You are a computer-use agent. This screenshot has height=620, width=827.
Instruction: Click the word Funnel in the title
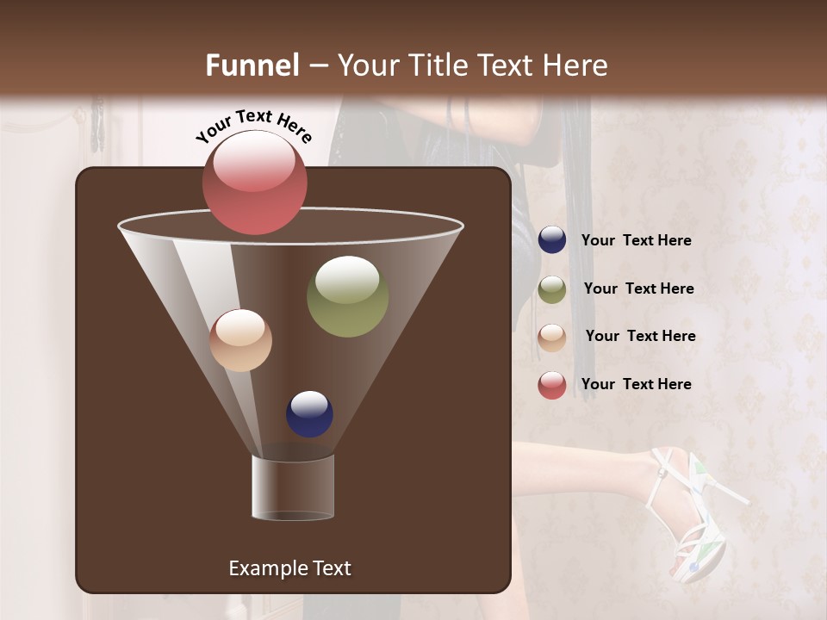(252, 65)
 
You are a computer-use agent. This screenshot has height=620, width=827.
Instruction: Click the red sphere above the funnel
(254, 183)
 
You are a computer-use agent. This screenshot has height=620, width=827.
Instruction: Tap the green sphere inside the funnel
(347, 296)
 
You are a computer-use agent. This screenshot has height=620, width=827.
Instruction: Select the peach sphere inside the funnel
(240, 340)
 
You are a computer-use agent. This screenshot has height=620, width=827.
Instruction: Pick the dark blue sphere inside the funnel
(309, 414)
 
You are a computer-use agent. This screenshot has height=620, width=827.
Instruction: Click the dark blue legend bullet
(552, 240)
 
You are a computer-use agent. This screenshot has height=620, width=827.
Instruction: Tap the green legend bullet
(552, 289)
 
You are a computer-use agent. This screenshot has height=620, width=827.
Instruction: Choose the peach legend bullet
(552, 337)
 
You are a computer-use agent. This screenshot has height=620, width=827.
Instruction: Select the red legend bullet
(552, 385)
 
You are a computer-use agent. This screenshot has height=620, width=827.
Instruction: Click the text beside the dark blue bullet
(636, 241)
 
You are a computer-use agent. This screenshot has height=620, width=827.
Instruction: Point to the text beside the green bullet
(638, 289)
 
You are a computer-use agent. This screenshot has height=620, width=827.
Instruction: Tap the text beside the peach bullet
(640, 337)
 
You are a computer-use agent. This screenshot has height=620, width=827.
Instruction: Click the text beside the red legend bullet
(636, 384)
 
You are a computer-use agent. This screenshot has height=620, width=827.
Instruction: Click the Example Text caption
(289, 568)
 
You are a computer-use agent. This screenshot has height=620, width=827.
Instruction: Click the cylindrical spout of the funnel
(292, 487)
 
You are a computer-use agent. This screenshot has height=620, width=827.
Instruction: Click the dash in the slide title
(317, 65)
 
